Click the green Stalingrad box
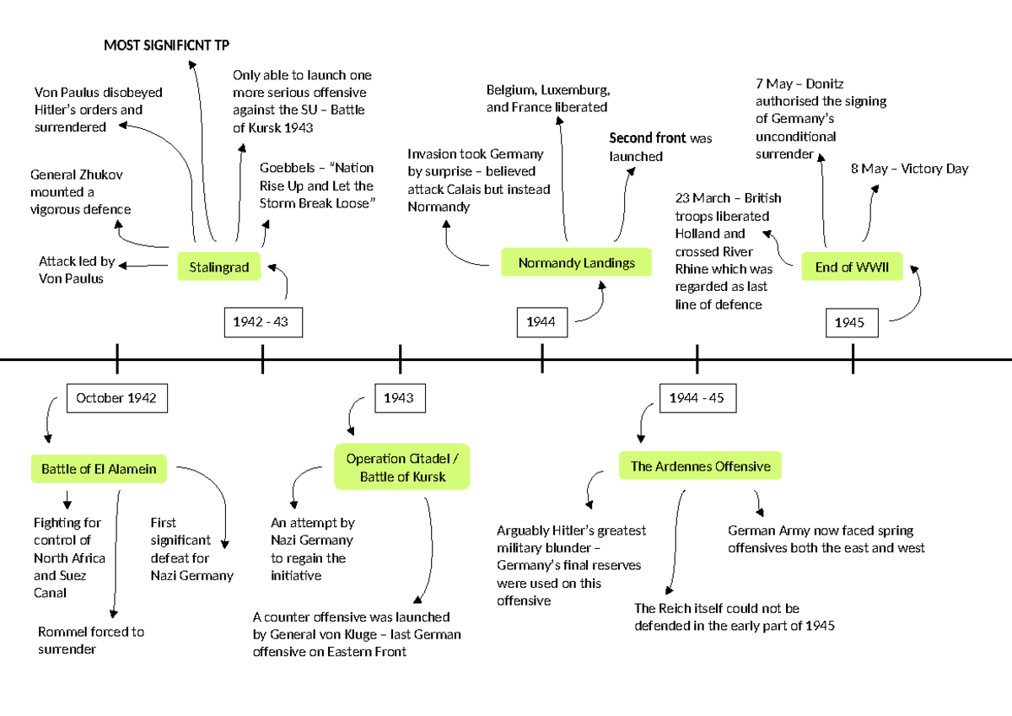pos(219,267)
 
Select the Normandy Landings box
pos(577,262)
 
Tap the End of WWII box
pos(852,267)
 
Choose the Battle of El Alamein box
pos(100,469)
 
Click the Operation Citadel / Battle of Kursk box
pos(402,467)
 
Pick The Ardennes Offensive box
pos(700,466)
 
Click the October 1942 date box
pos(116,398)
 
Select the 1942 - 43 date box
pos(262,322)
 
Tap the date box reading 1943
pos(399,398)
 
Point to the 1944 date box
pos(541,321)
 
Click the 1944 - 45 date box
pos(697,398)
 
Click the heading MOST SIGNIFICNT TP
pos(166,45)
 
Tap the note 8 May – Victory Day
pos(909,169)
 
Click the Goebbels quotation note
pos(317,186)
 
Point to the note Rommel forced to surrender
pos(91,640)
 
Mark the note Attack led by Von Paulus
pos(77,270)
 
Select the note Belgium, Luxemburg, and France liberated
pos(548,99)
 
